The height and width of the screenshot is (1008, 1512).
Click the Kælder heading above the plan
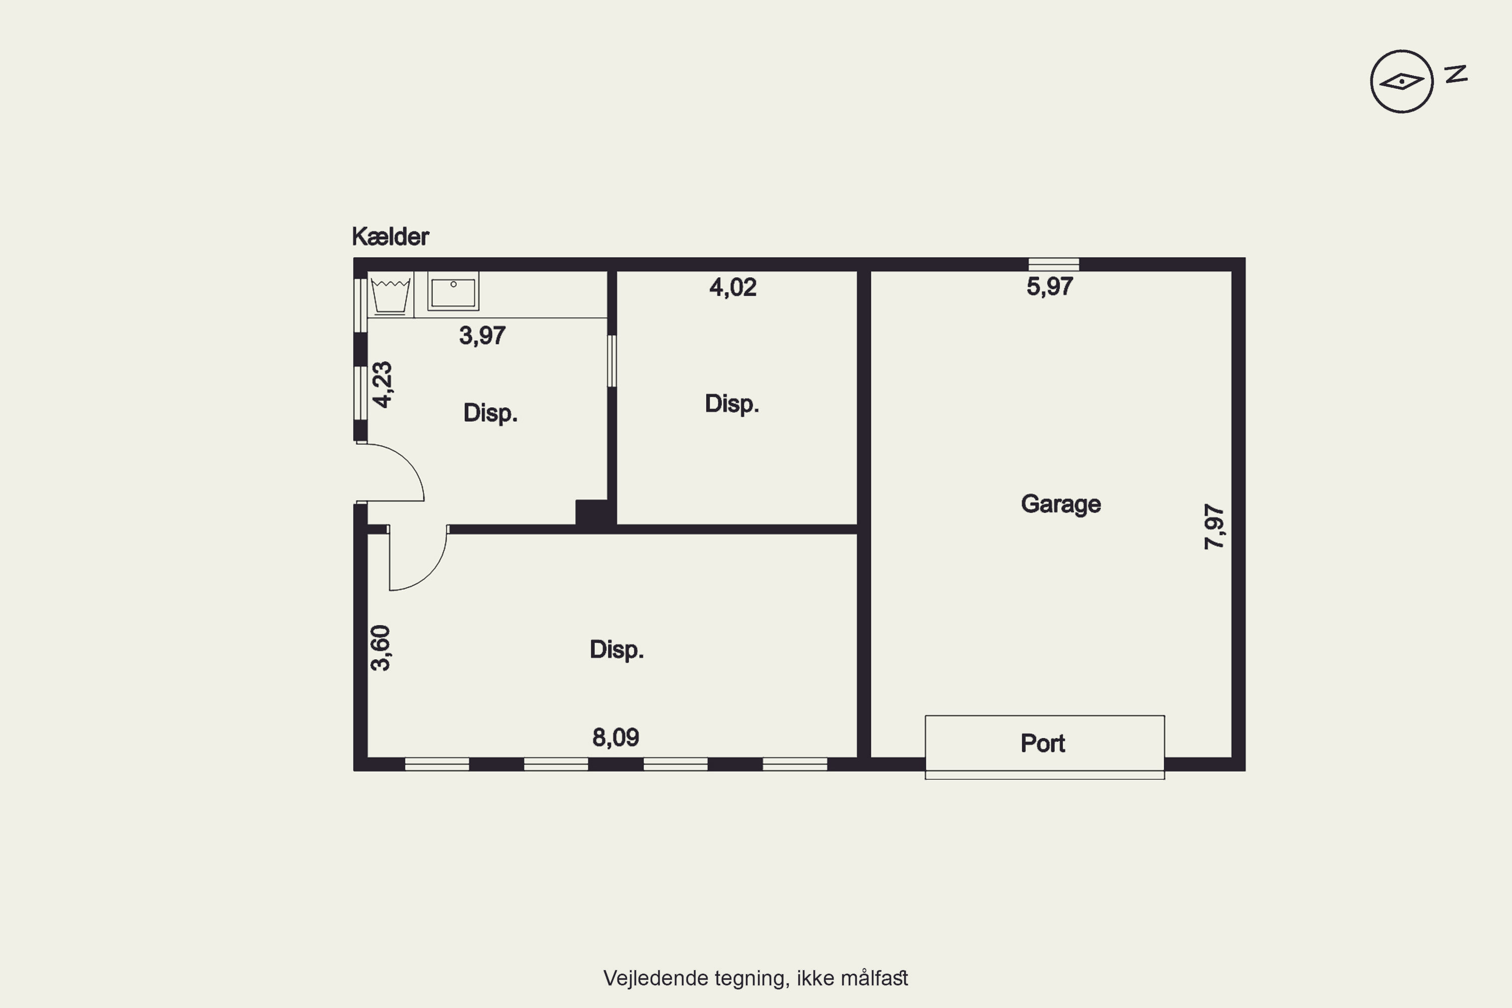(390, 236)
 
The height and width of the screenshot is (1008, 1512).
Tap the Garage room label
(1061, 505)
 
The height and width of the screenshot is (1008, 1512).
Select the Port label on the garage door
(1043, 743)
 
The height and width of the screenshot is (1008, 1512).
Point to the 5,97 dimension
(1049, 287)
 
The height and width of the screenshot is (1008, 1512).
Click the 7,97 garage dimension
(1214, 527)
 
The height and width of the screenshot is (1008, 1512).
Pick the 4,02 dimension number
(733, 287)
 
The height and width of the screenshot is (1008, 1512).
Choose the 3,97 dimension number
(482, 336)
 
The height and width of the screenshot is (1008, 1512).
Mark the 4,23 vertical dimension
(383, 385)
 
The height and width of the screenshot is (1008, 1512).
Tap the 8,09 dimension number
(615, 737)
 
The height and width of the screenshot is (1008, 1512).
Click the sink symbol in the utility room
(453, 291)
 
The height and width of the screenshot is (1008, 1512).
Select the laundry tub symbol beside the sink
(390, 294)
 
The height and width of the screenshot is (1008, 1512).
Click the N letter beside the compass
(1457, 74)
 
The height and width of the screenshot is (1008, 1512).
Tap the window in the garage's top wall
(1054, 264)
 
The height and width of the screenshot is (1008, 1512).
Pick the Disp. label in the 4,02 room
(732, 404)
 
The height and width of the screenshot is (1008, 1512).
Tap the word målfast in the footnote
(874, 978)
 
